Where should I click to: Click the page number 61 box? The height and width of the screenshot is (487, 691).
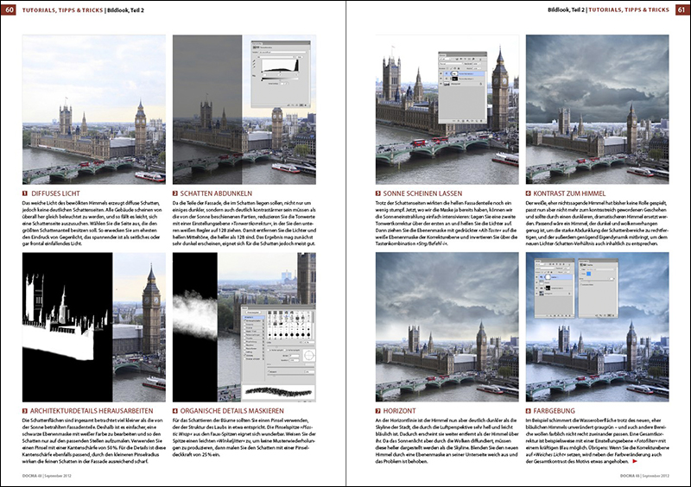point(681,9)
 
